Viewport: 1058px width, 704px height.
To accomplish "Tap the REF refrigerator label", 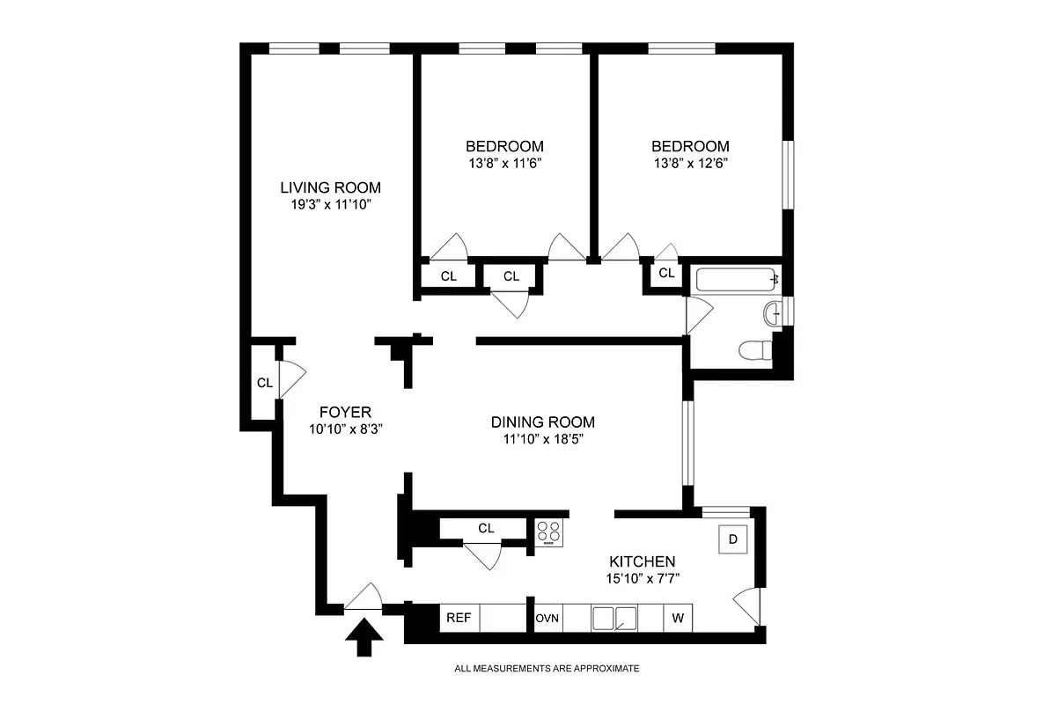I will tap(458, 618).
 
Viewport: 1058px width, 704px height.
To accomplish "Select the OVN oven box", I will tap(547, 618).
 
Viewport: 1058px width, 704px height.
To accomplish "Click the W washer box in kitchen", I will tap(678, 618).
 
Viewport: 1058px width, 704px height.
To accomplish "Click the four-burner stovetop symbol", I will tap(549, 532).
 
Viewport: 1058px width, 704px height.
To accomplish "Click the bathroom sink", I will tap(774, 312).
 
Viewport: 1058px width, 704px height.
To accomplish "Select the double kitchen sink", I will tap(614, 618).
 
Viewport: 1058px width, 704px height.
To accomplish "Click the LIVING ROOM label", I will tap(330, 187).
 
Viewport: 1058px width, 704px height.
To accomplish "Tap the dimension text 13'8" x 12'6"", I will tap(690, 163).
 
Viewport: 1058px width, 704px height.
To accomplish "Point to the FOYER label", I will tap(345, 412).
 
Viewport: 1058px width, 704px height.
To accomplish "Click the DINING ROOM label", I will tap(543, 422).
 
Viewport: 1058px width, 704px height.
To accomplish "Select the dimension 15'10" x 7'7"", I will tap(642, 578).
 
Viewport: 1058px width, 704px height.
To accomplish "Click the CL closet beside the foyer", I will tap(264, 383).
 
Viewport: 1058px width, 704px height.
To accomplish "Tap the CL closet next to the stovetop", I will tap(486, 528).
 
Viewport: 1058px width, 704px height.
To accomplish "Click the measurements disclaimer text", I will tap(547, 669).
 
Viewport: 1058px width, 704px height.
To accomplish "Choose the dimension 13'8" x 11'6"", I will tap(504, 163).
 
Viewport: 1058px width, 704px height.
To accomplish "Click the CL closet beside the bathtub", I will tap(666, 274).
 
